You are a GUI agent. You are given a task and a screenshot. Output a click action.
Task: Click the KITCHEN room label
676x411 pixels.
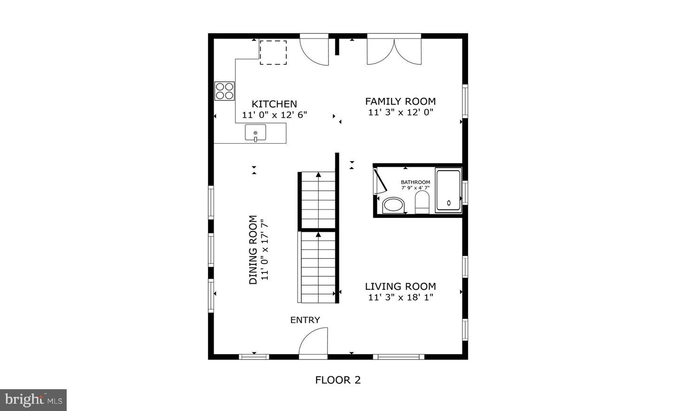point(274,104)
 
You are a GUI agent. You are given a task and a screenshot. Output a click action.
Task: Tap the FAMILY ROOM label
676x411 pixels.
point(400,101)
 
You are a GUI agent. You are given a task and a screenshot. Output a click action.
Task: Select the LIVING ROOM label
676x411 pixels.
point(400,286)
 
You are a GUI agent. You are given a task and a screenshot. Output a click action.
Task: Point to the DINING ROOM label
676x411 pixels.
point(253,250)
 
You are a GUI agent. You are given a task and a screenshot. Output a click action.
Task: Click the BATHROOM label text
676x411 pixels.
point(415,182)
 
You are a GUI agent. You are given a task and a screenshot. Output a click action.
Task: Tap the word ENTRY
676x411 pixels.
point(305,320)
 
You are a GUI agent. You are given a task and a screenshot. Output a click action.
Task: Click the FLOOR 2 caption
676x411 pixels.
point(338,380)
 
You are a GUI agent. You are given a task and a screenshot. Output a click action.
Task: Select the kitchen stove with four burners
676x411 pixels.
point(224,91)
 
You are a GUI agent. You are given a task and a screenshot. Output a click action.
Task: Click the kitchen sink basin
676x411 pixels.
point(255,133)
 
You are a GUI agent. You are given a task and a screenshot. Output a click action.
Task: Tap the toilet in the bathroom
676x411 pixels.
point(422,203)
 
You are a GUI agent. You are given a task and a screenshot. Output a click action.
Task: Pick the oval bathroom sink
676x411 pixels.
point(393,205)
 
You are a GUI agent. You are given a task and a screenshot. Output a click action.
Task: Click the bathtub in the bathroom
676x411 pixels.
point(448,191)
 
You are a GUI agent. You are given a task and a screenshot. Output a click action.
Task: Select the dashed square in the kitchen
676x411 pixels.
point(273,52)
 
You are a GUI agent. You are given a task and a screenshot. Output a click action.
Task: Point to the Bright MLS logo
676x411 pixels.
point(33,400)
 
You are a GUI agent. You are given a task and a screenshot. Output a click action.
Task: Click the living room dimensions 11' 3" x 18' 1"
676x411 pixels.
point(400,297)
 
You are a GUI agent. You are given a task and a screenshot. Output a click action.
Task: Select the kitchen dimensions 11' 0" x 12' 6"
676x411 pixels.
point(274,115)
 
